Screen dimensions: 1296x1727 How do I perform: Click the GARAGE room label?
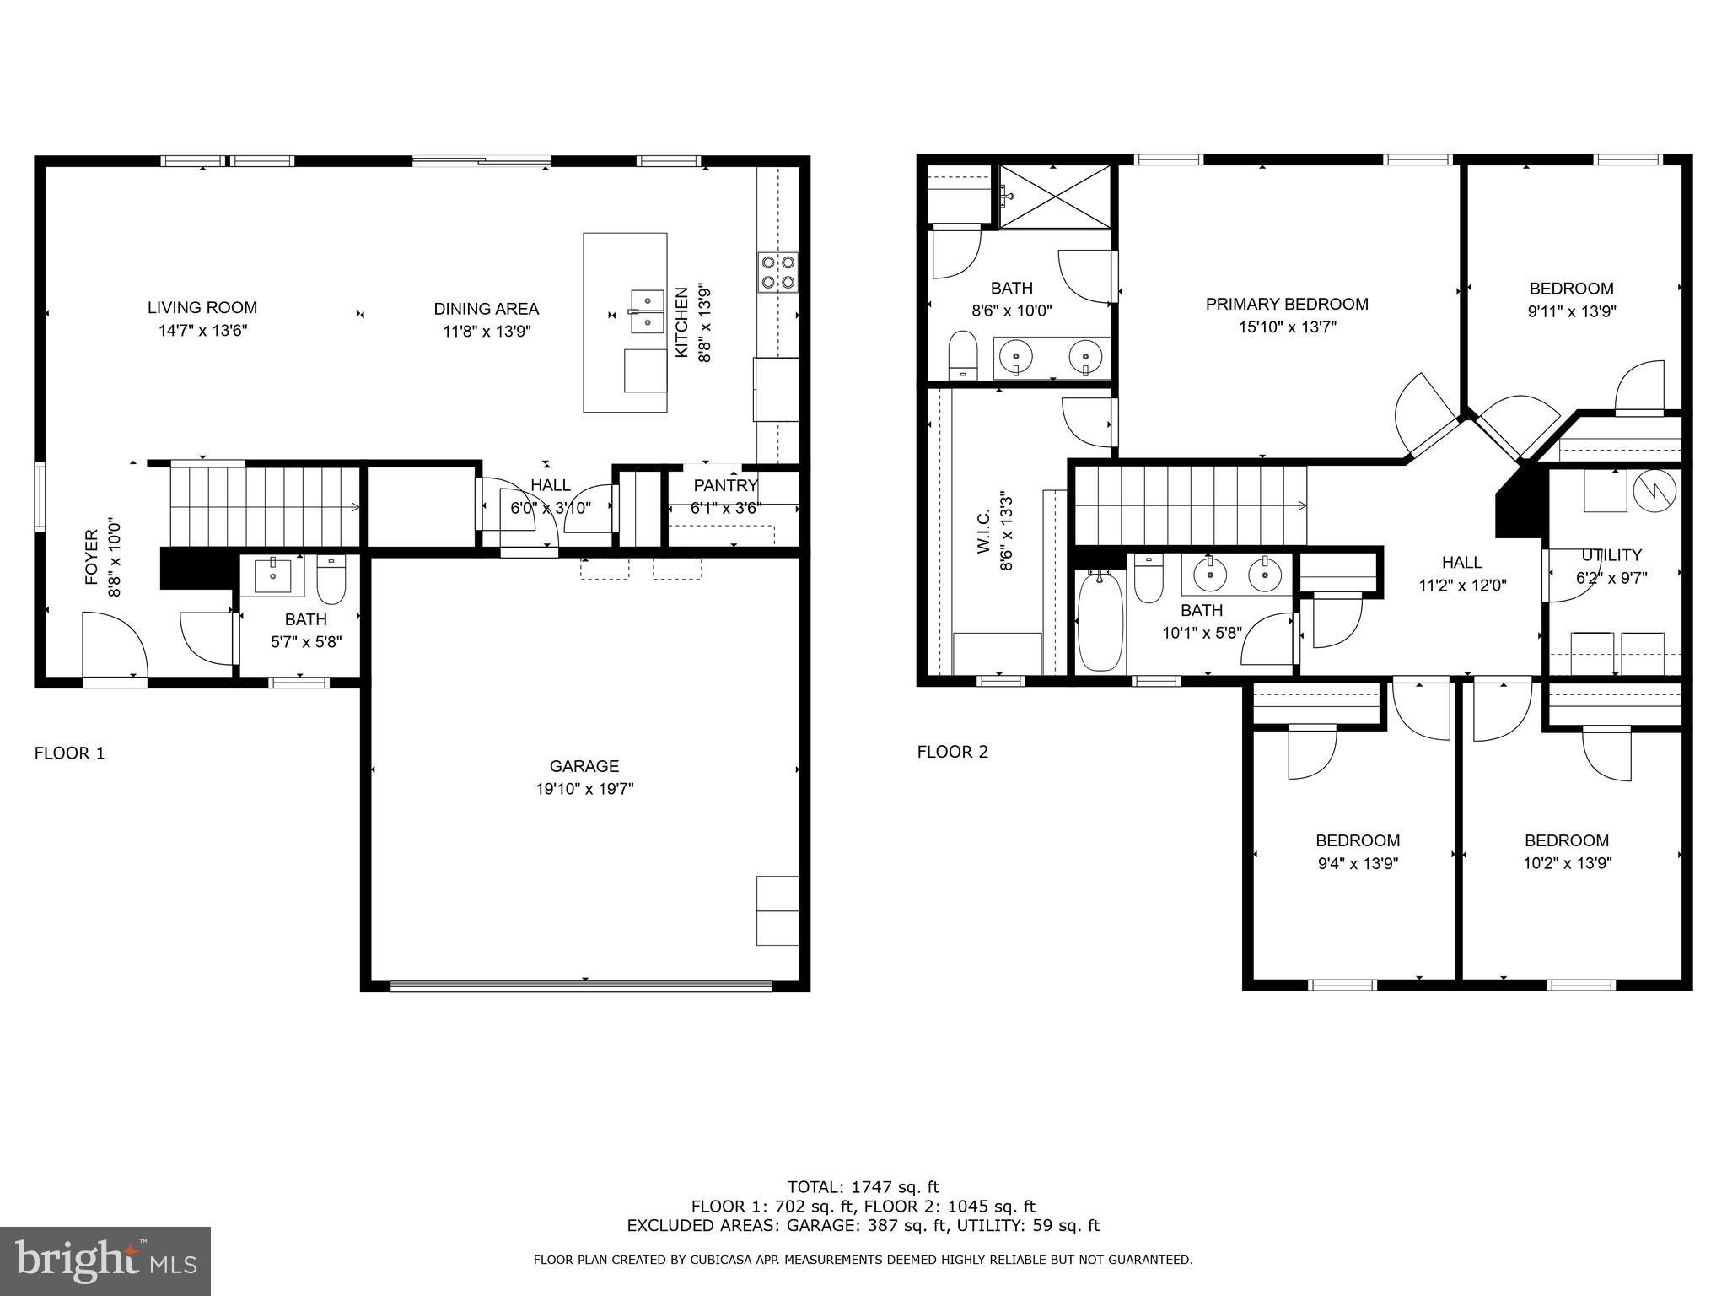(x=584, y=766)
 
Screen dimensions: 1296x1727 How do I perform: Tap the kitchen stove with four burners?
(x=777, y=272)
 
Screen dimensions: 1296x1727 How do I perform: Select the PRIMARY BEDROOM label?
(x=1286, y=304)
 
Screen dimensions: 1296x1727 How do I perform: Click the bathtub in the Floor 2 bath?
(x=1100, y=621)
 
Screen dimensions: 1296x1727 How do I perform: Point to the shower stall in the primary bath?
(x=1055, y=197)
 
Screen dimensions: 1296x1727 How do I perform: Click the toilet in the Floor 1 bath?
(x=331, y=580)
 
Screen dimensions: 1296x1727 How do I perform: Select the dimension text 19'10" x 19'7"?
(x=584, y=789)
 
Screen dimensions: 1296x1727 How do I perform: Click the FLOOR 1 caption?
(x=69, y=753)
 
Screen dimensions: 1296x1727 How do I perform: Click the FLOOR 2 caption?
(x=952, y=752)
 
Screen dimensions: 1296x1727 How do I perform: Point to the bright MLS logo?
(x=105, y=1261)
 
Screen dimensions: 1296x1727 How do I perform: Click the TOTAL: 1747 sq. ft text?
(x=863, y=1187)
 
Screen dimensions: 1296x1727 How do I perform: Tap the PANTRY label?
(x=725, y=485)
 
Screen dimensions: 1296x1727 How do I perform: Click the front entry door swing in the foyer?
(x=114, y=645)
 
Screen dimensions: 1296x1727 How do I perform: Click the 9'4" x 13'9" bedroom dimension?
(x=1357, y=863)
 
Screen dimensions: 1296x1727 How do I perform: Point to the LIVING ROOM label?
(x=202, y=308)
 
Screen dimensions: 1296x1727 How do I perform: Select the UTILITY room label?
(x=1611, y=555)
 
